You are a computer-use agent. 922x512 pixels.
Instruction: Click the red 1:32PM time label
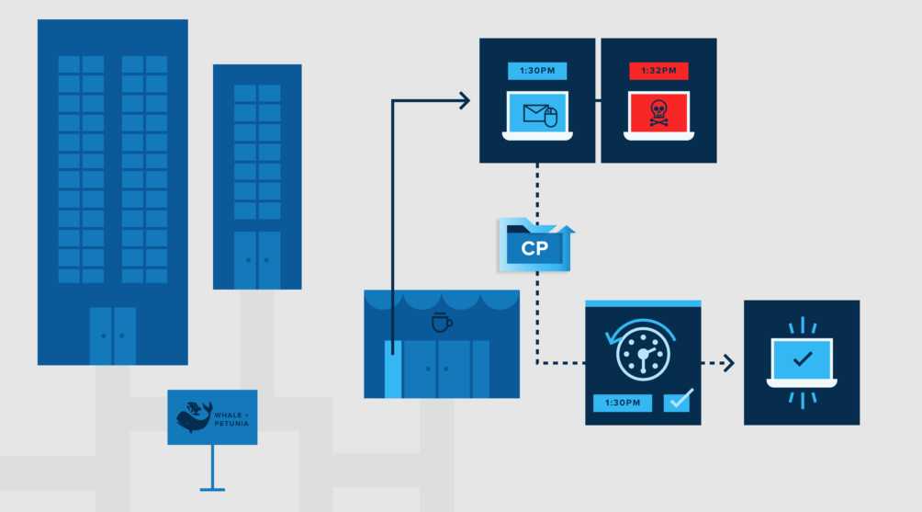[x=658, y=71]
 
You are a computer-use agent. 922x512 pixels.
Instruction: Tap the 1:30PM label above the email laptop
[x=537, y=71]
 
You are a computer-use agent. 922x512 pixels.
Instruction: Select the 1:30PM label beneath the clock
[x=622, y=403]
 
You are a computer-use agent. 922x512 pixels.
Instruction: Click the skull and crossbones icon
[x=658, y=113]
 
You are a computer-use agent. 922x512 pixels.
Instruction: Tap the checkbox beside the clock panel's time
[x=677, y=402]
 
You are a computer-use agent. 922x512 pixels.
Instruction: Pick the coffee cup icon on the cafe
[x=442, y=323]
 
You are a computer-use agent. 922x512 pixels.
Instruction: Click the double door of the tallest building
[x=113, y=336]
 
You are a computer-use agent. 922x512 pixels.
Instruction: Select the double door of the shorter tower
[x=257, y=260]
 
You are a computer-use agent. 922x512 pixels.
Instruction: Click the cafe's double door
[x=437, y=369]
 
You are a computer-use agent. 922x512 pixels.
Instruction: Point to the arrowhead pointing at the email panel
[x=465, y=99]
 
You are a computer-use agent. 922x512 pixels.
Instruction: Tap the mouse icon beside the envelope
[x=551, y=117]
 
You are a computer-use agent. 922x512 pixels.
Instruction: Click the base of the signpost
[x=212, y=487]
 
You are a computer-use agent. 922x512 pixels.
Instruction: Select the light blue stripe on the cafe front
[x=392, y=369]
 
